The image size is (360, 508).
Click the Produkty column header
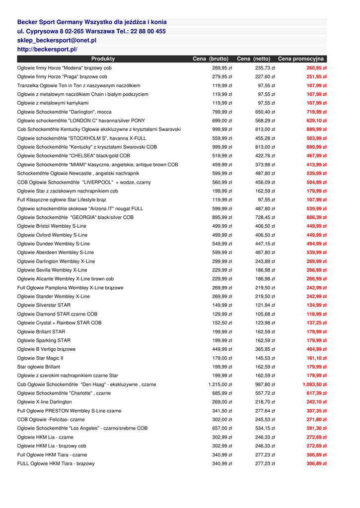point(103,59)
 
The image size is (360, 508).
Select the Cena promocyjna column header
point(300,59)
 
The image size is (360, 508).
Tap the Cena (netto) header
point(253,59)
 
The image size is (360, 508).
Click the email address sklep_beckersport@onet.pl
point(57,40)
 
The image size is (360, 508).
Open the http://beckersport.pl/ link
point(47,50)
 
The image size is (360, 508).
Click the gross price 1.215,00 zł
point(220,384)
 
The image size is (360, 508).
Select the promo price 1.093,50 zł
point(314,384)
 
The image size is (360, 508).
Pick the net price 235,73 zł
point(265,68)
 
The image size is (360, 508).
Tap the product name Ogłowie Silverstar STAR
point(44,305)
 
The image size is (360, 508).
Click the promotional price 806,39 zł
point(316,217)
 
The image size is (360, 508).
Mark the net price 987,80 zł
point(265,384)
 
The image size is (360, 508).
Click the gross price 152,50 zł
point(222,323)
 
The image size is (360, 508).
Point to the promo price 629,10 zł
point(316,121)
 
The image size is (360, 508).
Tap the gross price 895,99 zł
point(222,217)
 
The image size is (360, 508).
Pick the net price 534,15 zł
point(265,428)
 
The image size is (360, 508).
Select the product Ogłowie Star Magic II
point(40,358)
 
